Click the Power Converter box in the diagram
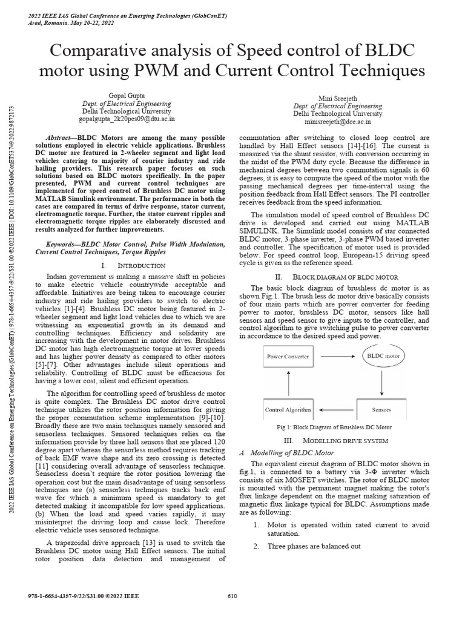click(288, 356)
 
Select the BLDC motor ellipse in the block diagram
click(383, 356)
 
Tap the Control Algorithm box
click(288, 410)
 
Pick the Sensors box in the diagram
click(382, 410)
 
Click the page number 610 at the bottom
click(232, 596)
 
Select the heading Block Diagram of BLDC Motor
click(337, 276)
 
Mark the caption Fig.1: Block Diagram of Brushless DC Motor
click(334, 427)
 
